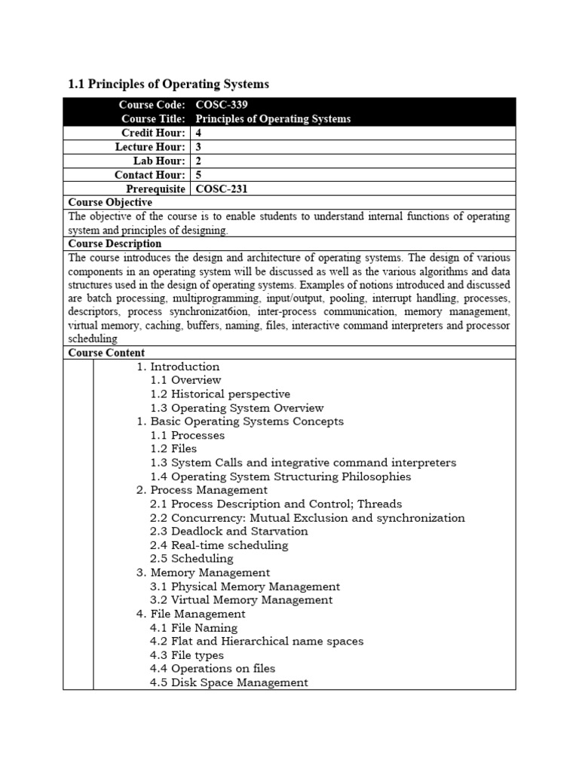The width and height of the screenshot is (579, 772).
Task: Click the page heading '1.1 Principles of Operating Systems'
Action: [168, 84]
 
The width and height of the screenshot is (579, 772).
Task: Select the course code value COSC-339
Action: [222, 105]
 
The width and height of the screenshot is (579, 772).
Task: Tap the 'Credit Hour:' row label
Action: [155, 133]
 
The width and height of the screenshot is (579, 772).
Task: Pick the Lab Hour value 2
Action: [199, 161]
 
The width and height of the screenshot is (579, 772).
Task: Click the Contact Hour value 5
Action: [199, 175]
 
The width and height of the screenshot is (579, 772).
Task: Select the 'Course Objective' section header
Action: [110, 202]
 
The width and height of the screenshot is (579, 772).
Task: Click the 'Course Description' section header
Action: [115, 244]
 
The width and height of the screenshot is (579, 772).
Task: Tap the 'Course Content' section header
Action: [106, 353]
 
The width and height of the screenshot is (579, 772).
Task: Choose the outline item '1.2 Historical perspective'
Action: [220, 394]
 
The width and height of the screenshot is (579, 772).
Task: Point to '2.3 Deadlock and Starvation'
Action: [228, 532]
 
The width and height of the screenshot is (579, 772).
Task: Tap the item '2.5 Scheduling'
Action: [191, 559]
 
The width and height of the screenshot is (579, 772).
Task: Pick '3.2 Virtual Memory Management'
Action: [241, 600]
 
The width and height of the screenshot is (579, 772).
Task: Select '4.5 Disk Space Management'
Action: [229, 682]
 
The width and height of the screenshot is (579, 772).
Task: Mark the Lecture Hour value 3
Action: [199, 147]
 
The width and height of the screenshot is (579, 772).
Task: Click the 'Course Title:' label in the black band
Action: [153, 119]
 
